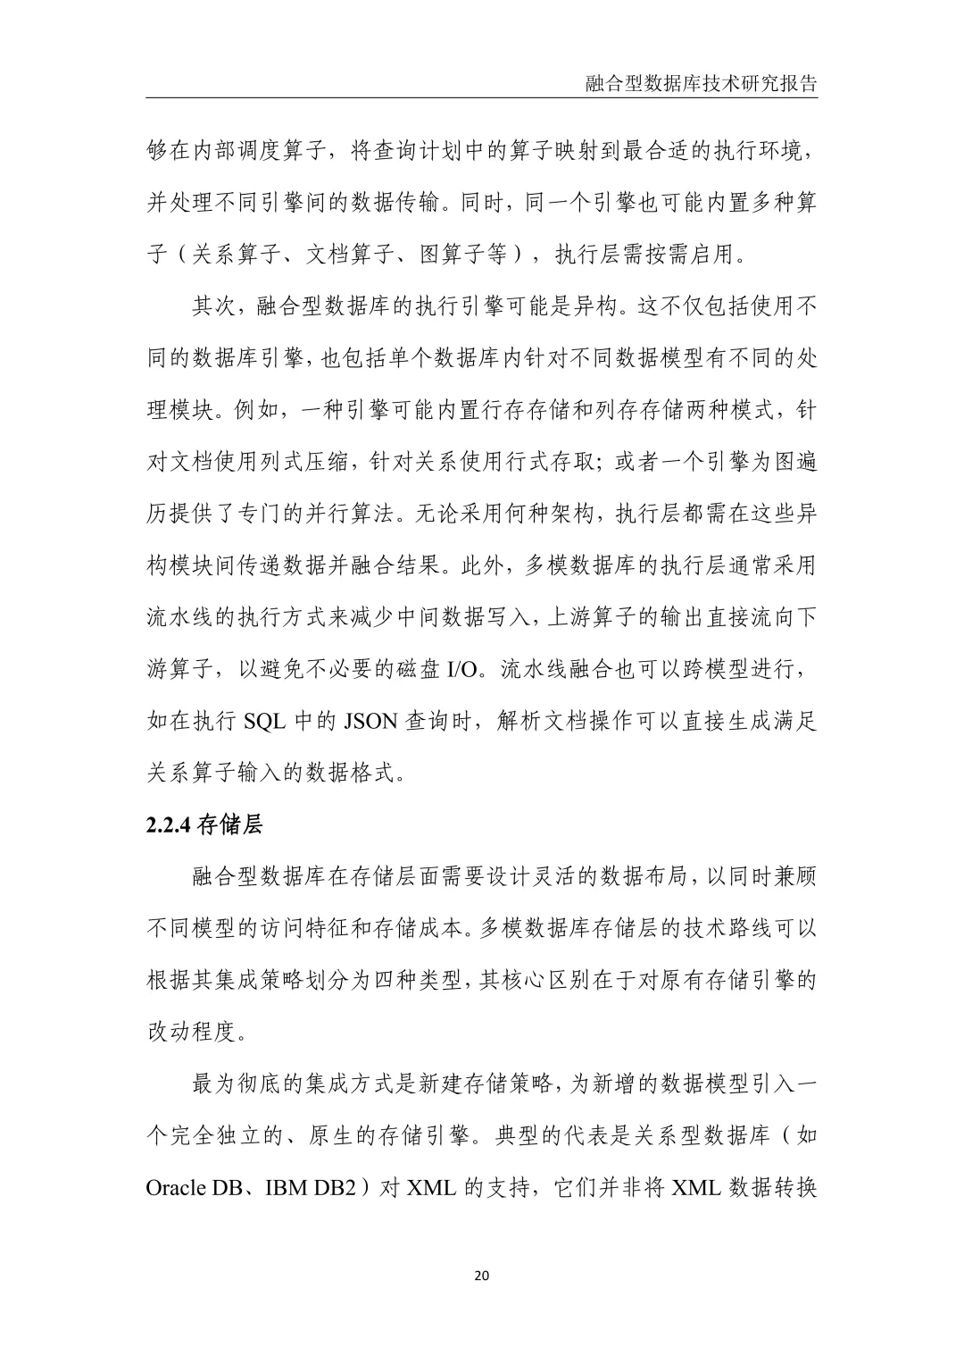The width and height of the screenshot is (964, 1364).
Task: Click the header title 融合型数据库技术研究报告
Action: pyautogui.click(x=702, y=84)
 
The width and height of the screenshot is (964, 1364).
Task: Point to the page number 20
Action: pyautogui.click(x=482, y=1276)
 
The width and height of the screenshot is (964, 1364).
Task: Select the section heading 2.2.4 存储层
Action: pyautogui.click(x=204, y=824)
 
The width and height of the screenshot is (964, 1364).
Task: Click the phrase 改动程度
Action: pyautogui.click(x=193, y=1032)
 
